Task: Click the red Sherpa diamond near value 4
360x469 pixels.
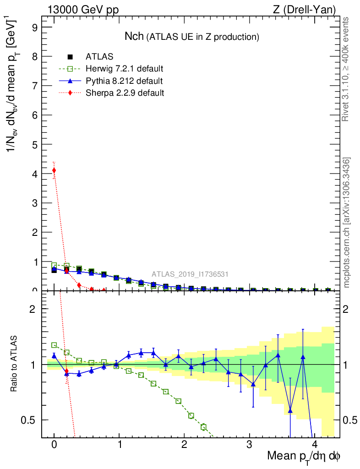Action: tap(54, 170)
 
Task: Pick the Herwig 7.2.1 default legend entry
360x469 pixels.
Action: tap(124, 69)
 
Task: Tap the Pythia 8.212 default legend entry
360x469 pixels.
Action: tap(124, 81)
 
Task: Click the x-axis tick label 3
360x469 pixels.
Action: tap(250, 445)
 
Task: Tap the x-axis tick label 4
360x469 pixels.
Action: tap(315, 445)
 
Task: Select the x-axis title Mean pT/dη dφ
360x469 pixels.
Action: tap(304, 456)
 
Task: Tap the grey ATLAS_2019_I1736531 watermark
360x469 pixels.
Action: tap(190, 274)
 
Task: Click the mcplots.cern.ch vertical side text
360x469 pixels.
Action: tap(347, 223)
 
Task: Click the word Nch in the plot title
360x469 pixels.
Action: tap(134, 37)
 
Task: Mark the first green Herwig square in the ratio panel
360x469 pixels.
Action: tap(54, 345)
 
